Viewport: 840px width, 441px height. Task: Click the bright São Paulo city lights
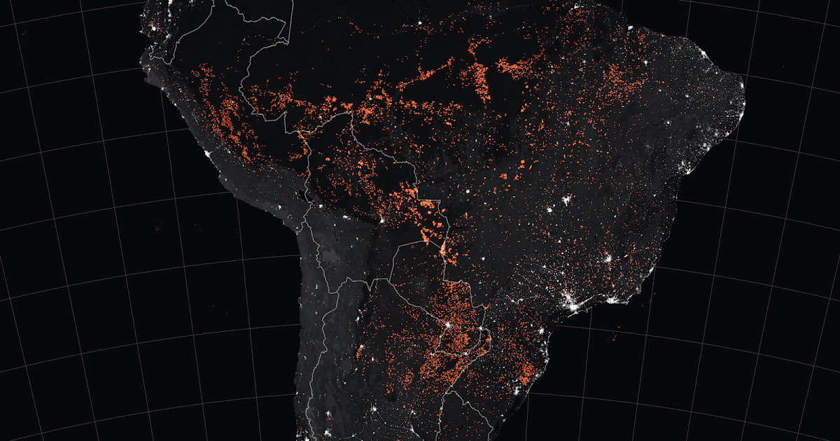[x=573, y=304]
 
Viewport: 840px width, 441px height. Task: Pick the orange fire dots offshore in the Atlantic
[x=615, y=338]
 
